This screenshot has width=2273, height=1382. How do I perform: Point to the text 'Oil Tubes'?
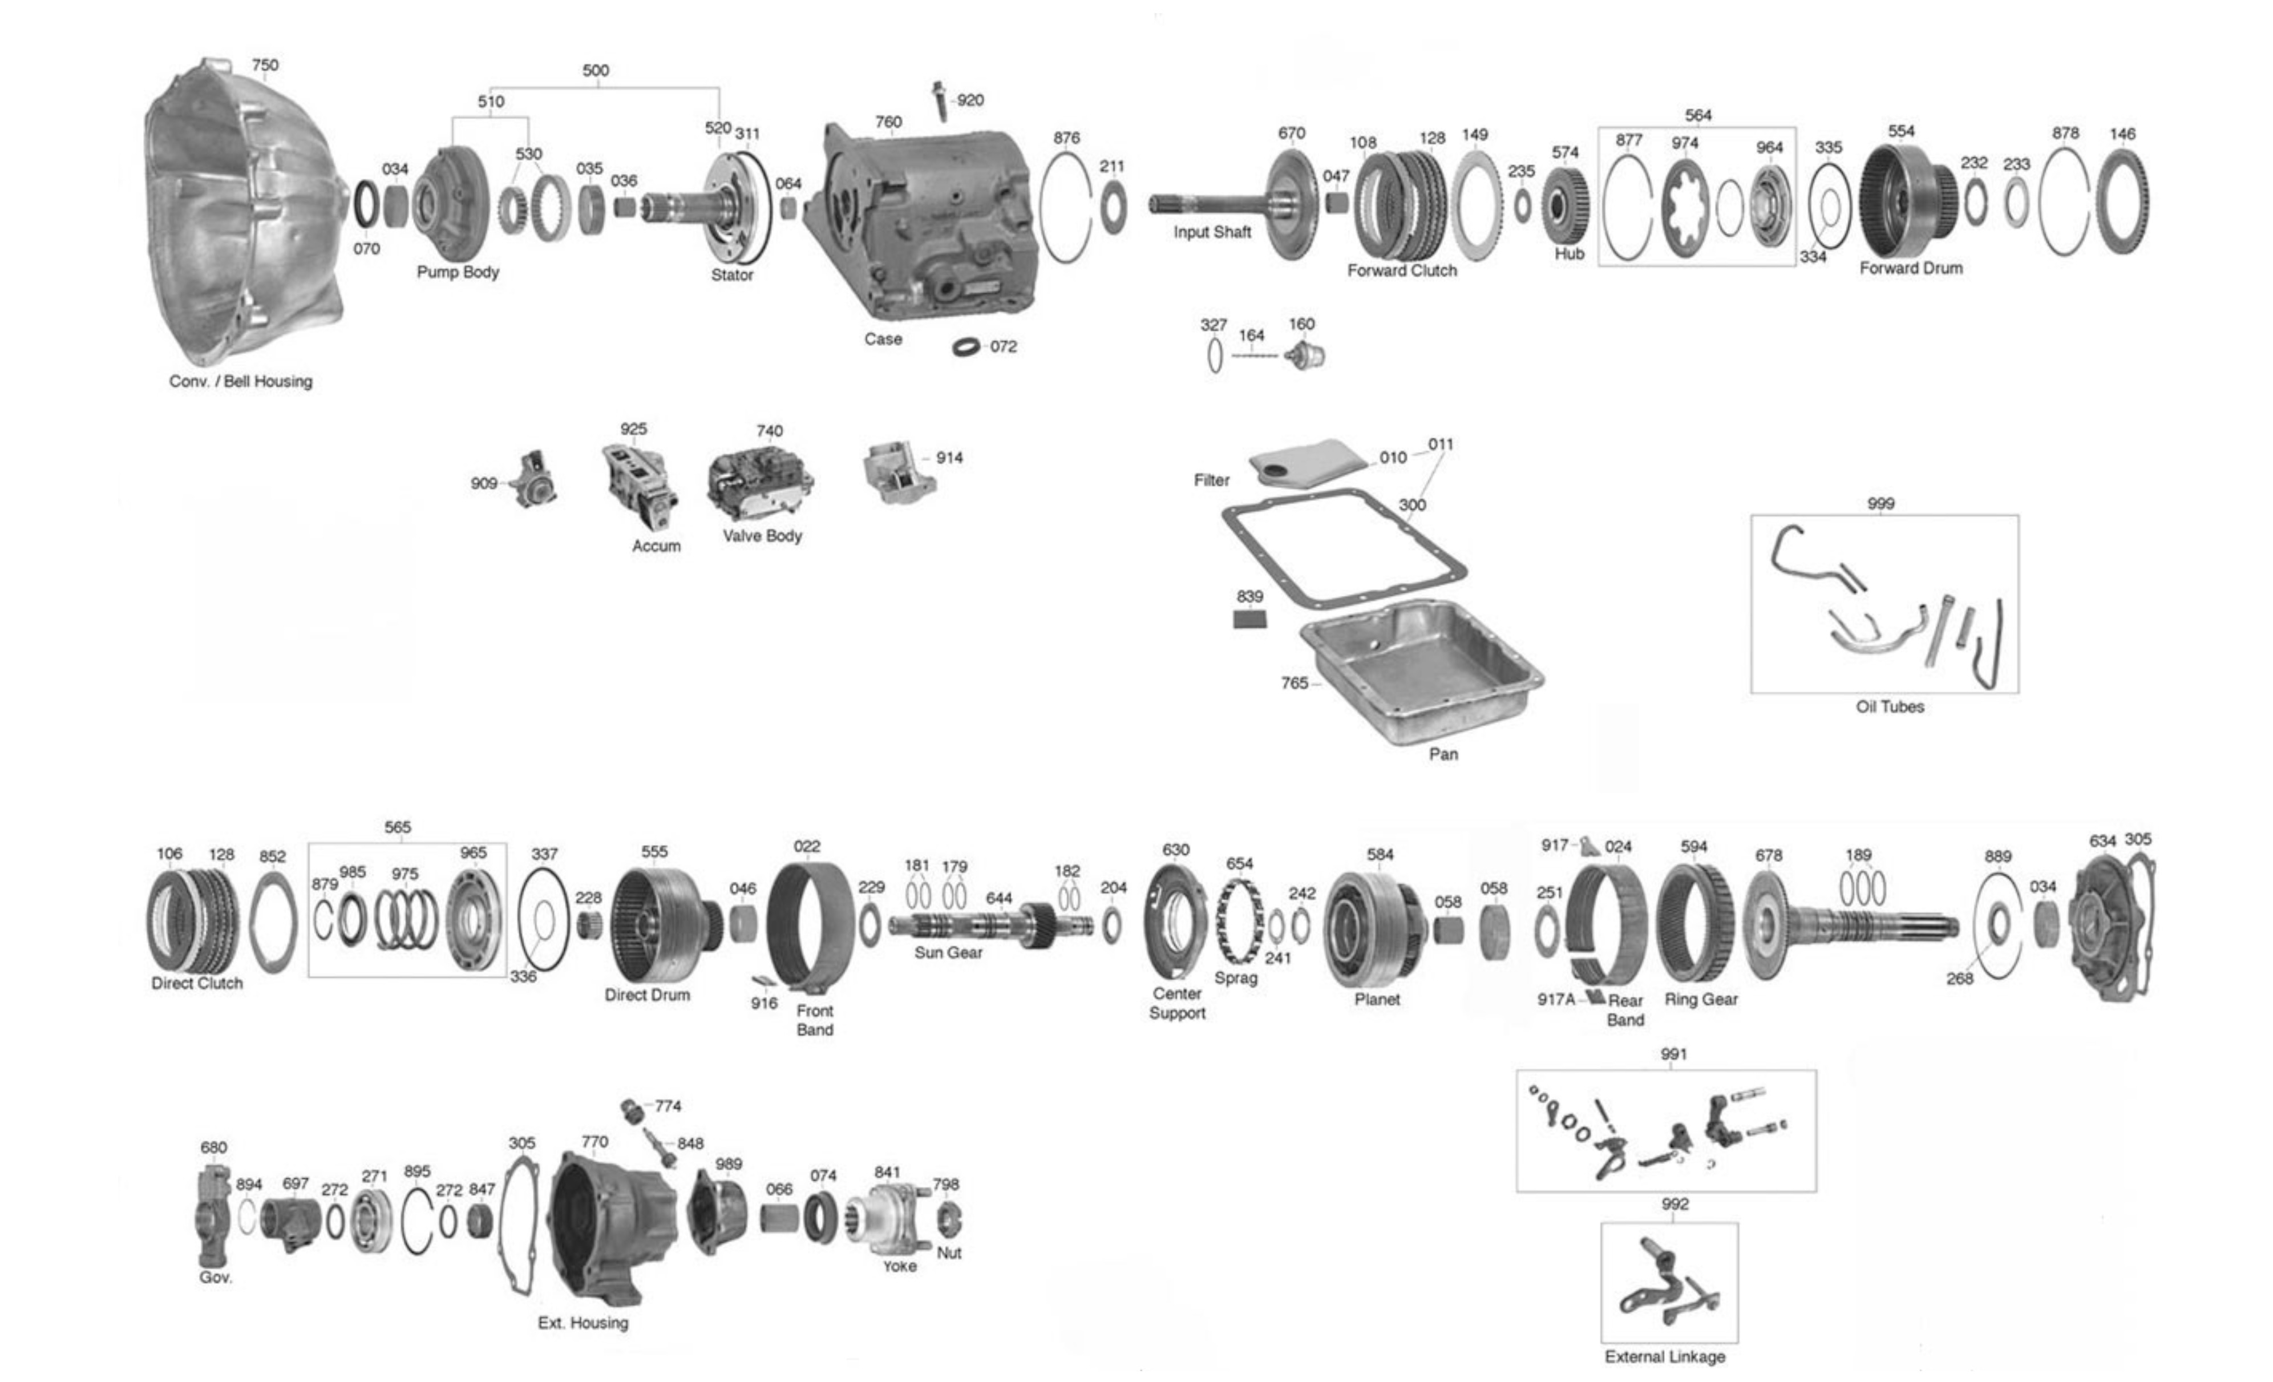pyautogui.click(x=1889, y=706)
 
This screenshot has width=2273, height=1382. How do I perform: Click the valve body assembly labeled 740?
pyautogui.click(x=760, y=483)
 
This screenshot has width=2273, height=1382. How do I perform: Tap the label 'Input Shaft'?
pyautogui.click(x=1211, y=232)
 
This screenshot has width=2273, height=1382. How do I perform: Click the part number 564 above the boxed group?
pyautogui.click(x=1697, y=115)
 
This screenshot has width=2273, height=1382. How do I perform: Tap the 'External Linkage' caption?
pyautogui.click(x=1664, y=1356)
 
